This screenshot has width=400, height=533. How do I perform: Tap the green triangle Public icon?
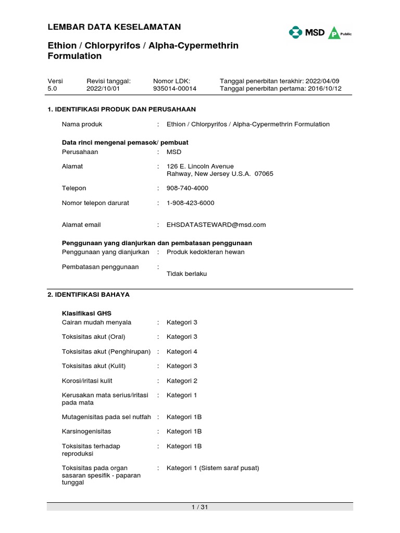tap(334, 33)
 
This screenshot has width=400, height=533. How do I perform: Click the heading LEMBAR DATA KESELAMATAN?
tap(114, 27)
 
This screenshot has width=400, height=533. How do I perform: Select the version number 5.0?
tap(52, 89)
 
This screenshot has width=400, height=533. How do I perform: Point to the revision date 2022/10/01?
tap(103, 89)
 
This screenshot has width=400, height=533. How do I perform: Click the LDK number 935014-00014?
tap(174, 89)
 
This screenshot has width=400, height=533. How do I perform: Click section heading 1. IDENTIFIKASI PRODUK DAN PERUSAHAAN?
tap(121, 109)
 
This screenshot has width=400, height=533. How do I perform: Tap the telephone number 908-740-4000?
tap(186, 188)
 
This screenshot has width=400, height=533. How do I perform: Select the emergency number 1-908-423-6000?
tap(190, 202)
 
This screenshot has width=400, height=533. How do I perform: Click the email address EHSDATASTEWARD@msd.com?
tap(216, 225)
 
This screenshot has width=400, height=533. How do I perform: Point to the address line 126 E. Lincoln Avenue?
tap(200, 166)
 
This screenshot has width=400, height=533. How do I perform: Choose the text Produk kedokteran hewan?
tap(205, 252)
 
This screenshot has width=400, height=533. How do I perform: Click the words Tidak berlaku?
tap(186, 274)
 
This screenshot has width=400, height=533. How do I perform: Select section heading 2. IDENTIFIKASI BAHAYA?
tap(89, 295)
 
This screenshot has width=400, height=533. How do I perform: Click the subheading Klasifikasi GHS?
tap(86, 313)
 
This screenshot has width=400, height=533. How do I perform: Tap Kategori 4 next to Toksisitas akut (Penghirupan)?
tap(182, 351)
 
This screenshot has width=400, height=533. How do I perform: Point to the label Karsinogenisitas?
tap(86, 432)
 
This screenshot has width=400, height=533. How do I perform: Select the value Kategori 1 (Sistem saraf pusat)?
tap(213, 468)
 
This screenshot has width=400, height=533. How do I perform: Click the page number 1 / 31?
tap(200, 507)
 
